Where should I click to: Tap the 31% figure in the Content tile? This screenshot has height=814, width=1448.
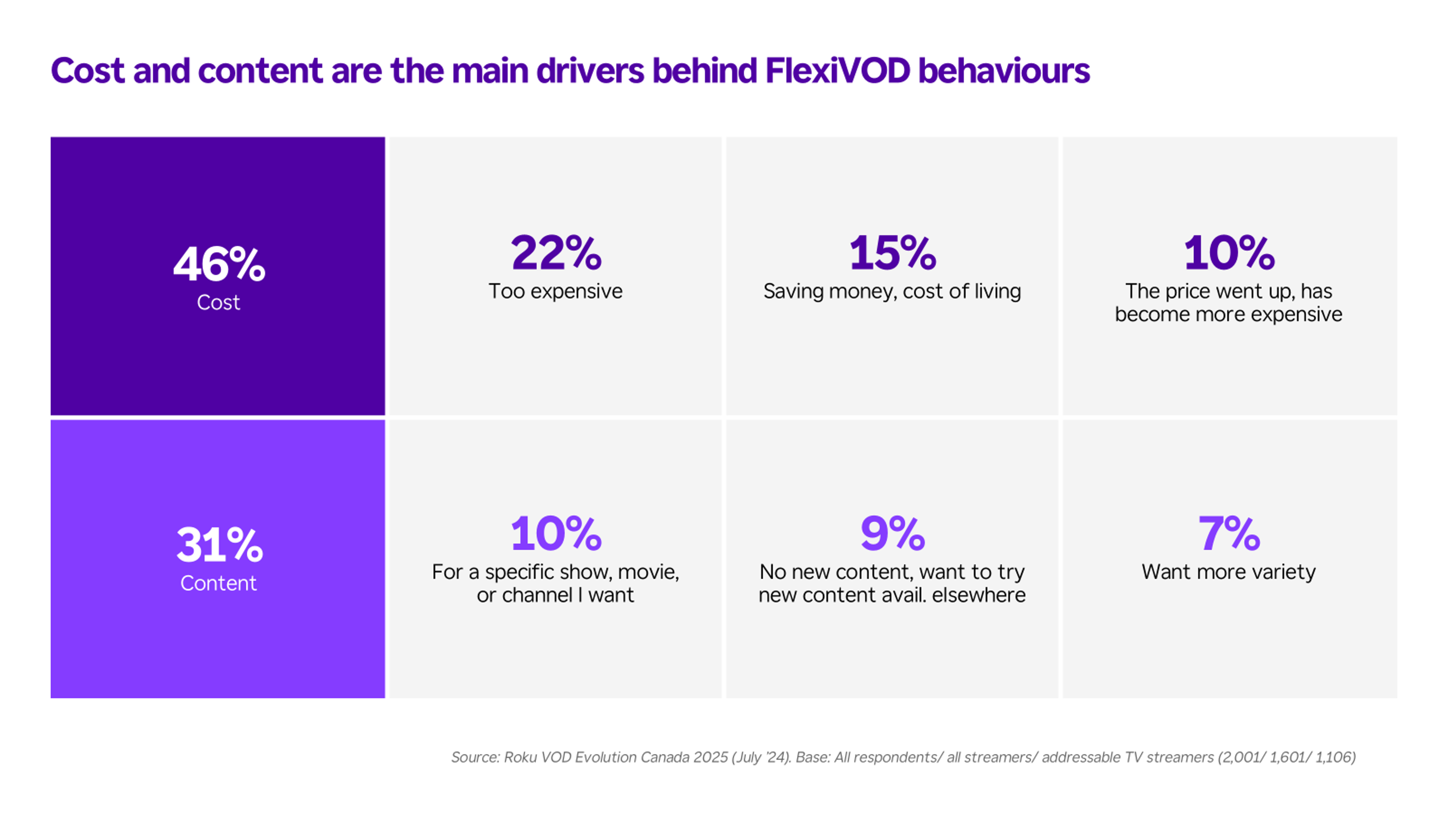[x=219, y=544]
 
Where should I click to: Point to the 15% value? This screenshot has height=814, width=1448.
[x=892, y=253]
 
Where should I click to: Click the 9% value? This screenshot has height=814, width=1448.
[x=892, y=533]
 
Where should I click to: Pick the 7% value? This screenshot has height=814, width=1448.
[x=1229, y=533]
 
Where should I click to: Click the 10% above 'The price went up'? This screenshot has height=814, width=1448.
[x=1229, y=253]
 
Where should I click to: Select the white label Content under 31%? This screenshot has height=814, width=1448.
[x=218, y=583]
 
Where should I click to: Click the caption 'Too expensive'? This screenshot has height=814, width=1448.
[x=555, y=291]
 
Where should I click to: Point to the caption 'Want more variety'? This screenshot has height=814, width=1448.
[x=1229, y=572]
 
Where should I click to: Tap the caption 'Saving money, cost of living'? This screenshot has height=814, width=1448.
[x=892, y=291]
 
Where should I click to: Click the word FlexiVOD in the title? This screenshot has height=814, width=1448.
[x=838, y=71]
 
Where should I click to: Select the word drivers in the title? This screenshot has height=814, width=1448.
[x=590, y=71]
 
